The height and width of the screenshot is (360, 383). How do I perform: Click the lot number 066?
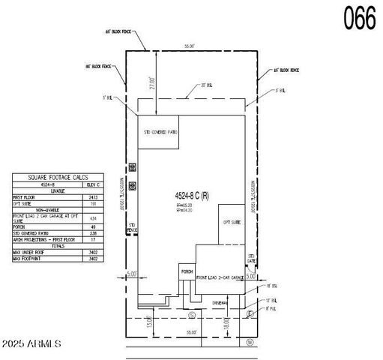tap(360, 19)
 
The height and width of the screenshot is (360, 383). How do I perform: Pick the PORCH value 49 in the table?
tap(94, 226)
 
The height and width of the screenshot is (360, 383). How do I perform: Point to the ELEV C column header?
tap(94, 184)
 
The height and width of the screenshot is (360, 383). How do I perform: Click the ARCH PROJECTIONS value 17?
tap(94, 239)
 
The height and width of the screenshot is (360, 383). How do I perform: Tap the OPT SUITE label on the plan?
tap(232, 222)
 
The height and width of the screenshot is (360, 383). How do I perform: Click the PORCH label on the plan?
tap(187, 271)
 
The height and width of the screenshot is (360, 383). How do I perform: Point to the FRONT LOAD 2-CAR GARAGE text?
tap(223, 277)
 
